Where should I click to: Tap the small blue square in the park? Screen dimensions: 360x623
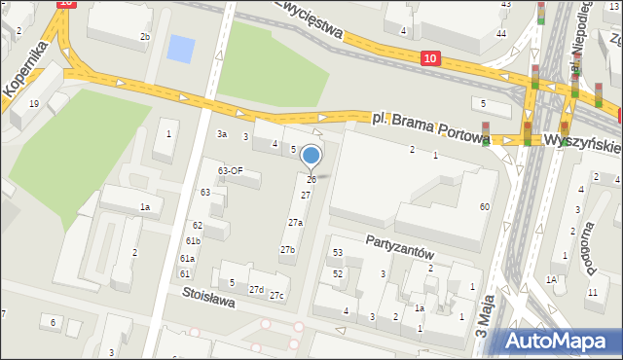[x=181, y=47]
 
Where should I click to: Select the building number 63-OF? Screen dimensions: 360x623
[x=230, y=171]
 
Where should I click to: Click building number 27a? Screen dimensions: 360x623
[x=295, y=223]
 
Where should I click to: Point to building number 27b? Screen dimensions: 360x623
[x=287, y=250]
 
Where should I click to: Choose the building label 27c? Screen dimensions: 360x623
[x=277, y=295]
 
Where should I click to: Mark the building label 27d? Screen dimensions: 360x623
[x=256, y=290]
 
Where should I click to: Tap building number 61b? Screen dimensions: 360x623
[x=193, y=241]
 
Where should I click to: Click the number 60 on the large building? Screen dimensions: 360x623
[x=484, y=206]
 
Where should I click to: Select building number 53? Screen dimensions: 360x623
[x=338, y=253]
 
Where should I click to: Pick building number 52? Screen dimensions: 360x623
[x=338, y=273]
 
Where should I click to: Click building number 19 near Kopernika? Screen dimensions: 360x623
[x=33, y=103]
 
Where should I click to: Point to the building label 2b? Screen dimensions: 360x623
[x=145, y=37]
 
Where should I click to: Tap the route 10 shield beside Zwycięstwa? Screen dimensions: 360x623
[x=430, y=59]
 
